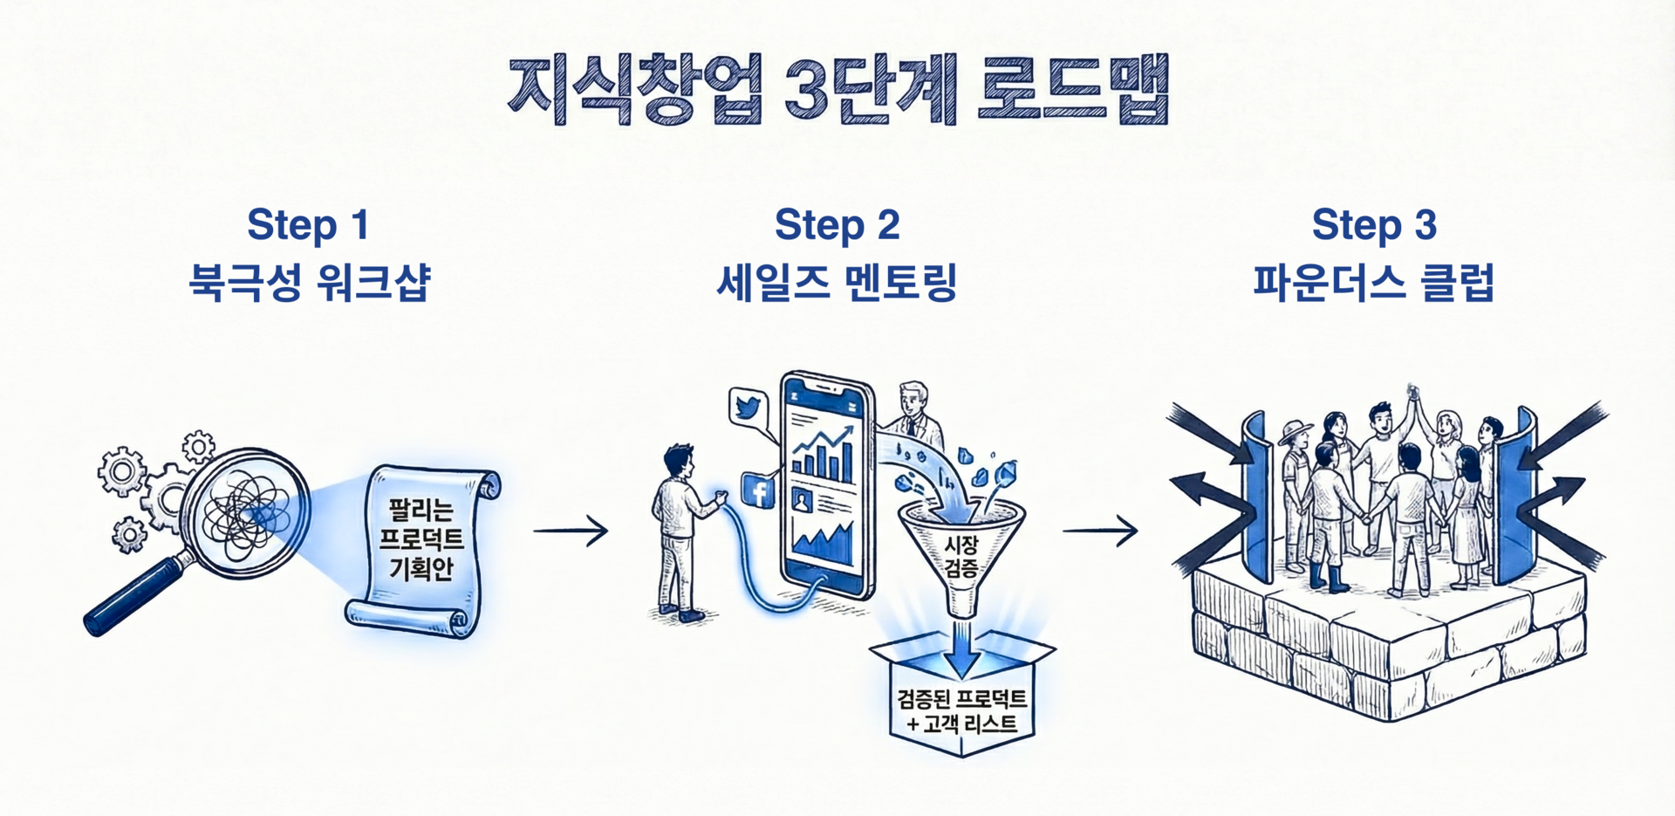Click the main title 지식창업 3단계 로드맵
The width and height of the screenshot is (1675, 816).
[x=837, y=90]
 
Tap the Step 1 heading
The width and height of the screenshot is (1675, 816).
[x=308, y=225]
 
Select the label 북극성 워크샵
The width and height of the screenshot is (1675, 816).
[x=310, y=283]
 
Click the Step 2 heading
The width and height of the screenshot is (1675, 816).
[x=837, y=225]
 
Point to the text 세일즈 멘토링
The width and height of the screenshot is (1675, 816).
[x=837, y=283]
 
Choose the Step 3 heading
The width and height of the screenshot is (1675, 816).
[x=1373, y=225]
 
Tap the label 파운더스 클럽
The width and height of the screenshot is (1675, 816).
[x=1373, y=283]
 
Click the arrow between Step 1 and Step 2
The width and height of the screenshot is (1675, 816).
[x=571, y=530]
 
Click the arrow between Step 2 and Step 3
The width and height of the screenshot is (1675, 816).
[x=1101, y=530]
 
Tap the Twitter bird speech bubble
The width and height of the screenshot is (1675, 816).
[x=749, y=408]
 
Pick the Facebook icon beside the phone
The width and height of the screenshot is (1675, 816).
[x=758, y=490]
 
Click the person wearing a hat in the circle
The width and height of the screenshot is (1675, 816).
[x=1294, y=489]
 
